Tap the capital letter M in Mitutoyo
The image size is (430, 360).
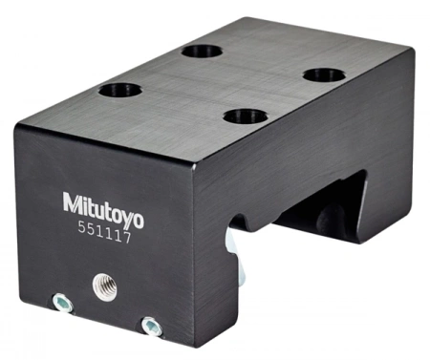(71, 202)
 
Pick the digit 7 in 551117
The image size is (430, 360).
(127, 238)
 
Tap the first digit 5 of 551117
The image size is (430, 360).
(82, 227)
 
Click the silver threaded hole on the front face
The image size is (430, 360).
(104, 287)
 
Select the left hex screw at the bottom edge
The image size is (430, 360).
(62, 302)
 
